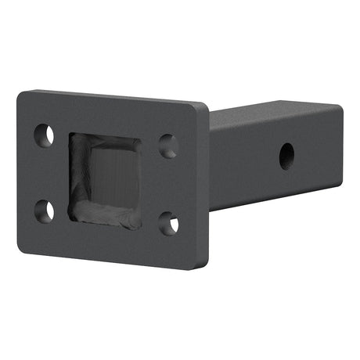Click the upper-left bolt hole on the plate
(x=45, y=135)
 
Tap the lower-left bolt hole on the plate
(x=45, y=211)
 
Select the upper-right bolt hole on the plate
(x=168, y=146)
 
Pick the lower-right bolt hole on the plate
(x=168, y=224)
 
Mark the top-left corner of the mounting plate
(x=20, y=93)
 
